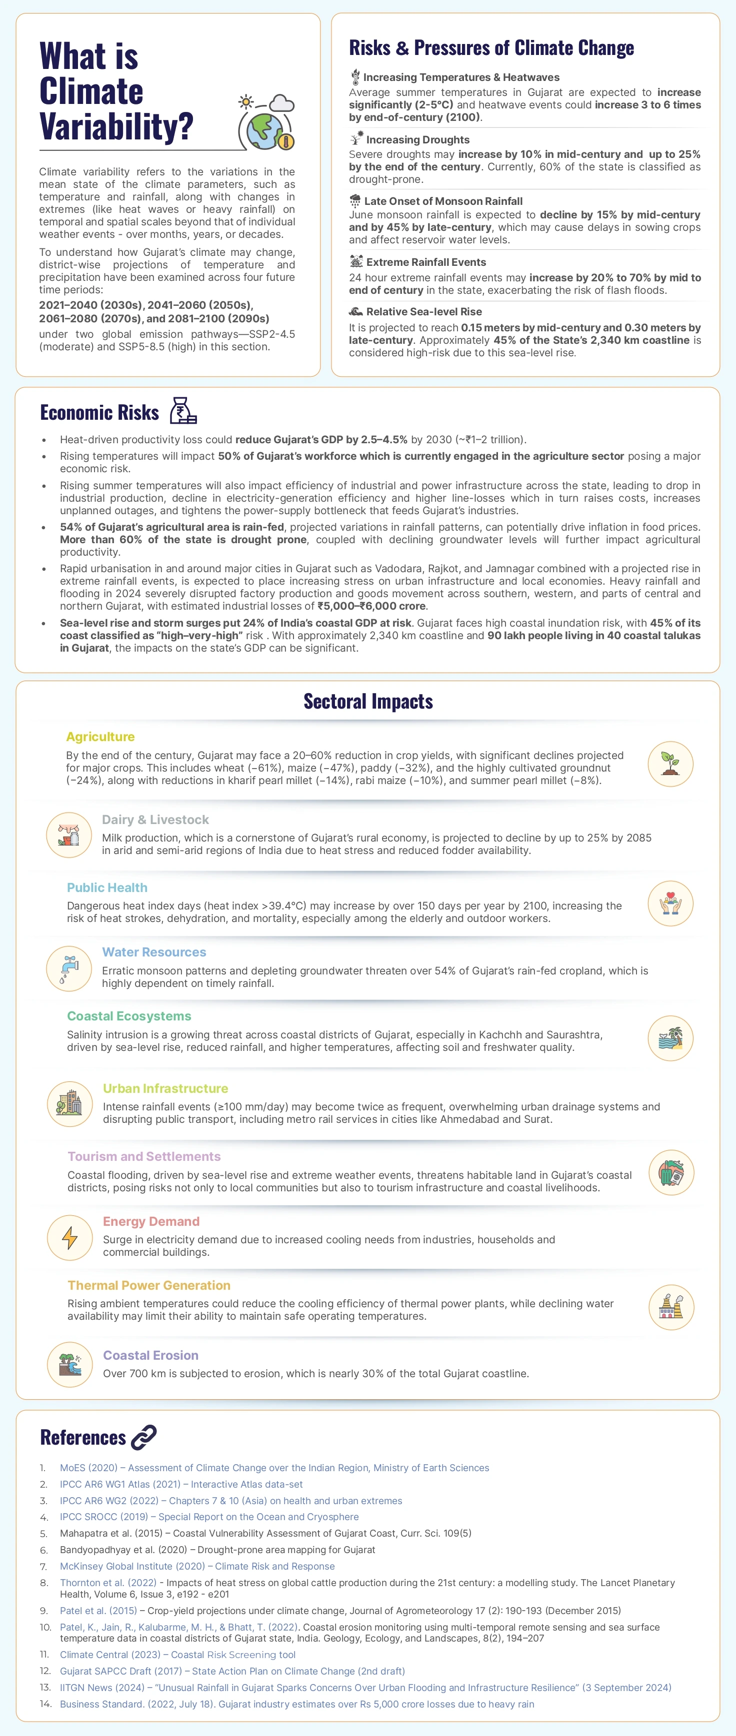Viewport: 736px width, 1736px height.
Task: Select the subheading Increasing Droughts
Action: [x=417, y=139]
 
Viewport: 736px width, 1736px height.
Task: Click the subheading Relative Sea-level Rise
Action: [x=423, y=311]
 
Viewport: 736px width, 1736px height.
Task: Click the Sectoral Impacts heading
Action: [x=368, y=702]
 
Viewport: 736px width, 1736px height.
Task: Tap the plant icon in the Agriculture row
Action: [x=670, y=764]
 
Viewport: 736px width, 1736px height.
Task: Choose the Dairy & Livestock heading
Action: [x=155, y=820]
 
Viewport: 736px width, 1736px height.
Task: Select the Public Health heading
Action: [x=107, y=887]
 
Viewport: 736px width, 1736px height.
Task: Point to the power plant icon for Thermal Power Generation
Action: [x=670, y=1307]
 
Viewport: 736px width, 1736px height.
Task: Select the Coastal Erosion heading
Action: [x=150, y=1355]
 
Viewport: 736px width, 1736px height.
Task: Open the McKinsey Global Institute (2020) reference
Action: [x=197, y=1566]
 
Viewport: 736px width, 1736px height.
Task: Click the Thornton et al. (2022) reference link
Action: [x=108, y=1583]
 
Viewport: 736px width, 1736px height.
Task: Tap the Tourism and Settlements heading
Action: [x=143, y=1156]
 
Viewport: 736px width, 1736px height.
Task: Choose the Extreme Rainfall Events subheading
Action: [x=425, y=262]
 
